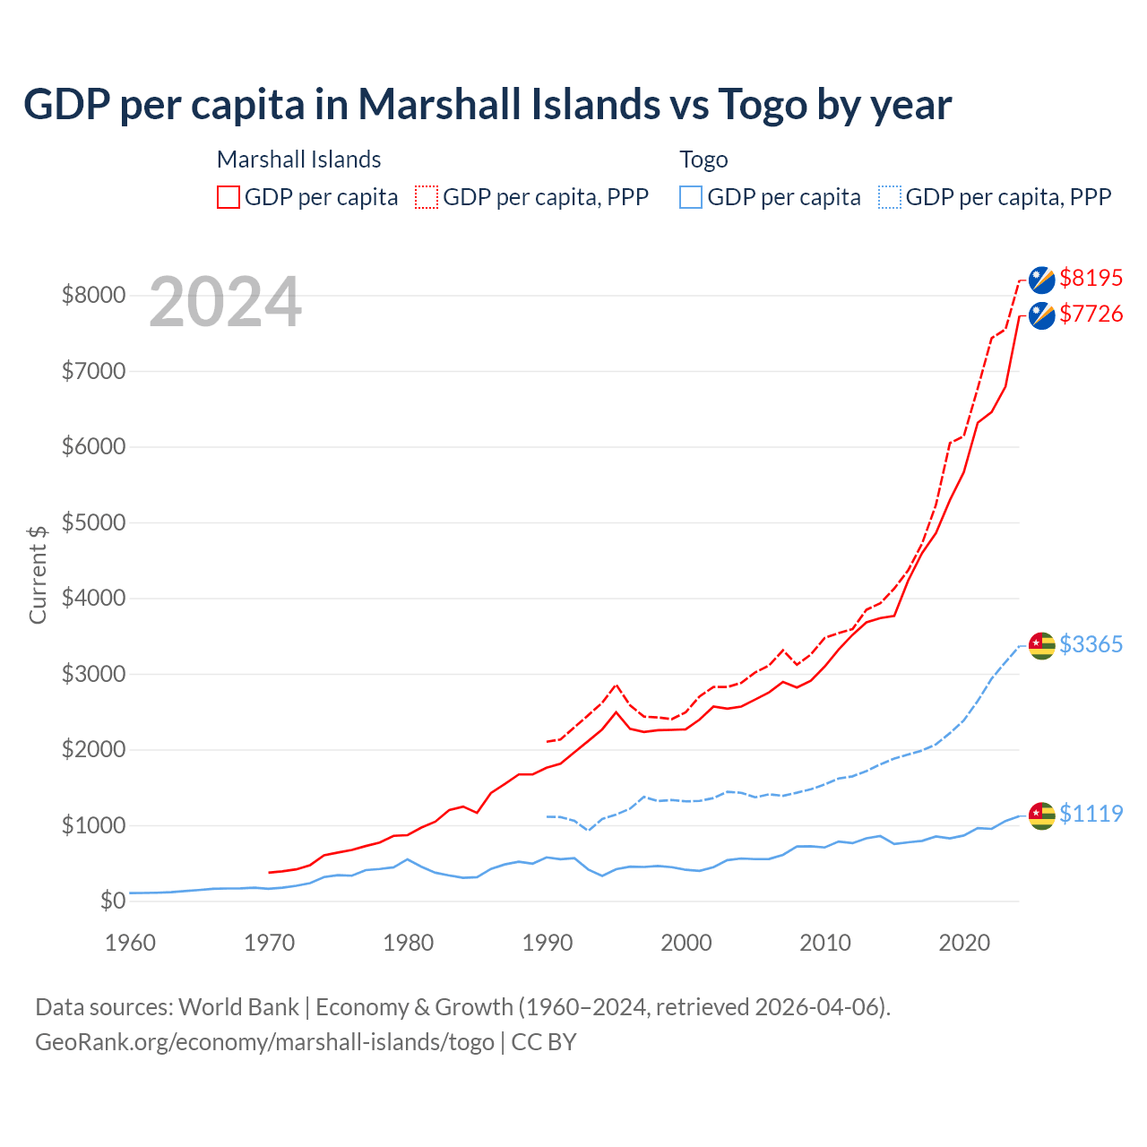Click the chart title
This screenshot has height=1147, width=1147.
click(487, 105)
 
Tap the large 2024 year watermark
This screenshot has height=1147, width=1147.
click(225, 303)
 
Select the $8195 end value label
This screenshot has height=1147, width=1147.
click(1091, 278)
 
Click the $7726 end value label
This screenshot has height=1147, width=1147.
click(1091, 314)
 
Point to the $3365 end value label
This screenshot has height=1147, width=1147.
click(1091, 644)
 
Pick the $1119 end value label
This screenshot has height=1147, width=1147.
click(1091, 814)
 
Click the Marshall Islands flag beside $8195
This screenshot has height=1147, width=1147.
click(1041, 280)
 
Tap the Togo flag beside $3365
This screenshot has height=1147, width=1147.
click(1041, 645)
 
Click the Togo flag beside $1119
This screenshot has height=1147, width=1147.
click(1041, 815)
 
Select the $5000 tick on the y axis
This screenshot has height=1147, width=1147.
click(93, 522)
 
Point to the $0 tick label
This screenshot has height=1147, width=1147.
click(113, 901)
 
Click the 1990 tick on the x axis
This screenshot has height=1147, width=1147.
click(548, 943)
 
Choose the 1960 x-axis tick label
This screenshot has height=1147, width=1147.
click(131, 943)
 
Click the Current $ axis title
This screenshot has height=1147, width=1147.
click(38, 574)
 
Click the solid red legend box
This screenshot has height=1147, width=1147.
click(229, 197)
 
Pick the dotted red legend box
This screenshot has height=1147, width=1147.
click(427, 197)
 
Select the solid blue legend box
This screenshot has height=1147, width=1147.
click(691, 197)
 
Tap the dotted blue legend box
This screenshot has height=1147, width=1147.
click(890, 197)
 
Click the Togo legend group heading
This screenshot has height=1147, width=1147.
click(703, 160)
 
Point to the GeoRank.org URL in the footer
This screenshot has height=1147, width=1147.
click(264, 1042)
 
